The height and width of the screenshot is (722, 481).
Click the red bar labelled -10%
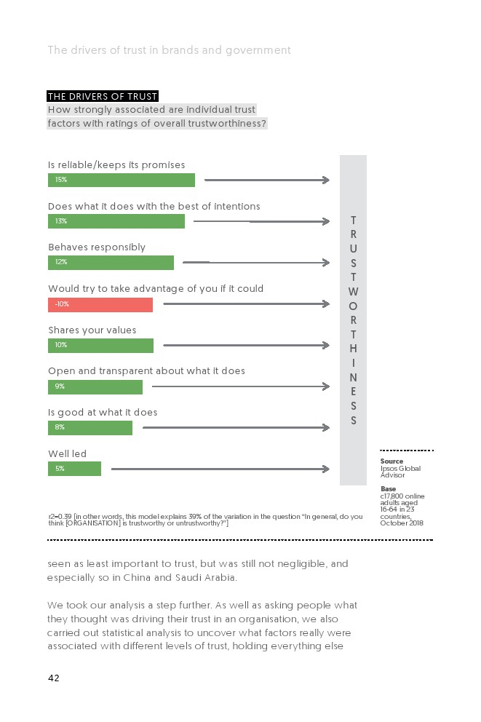[x=100, y=305]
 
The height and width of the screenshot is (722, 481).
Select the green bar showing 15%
[x=122, y=180]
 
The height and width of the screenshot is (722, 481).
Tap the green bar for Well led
[x=74, y=469]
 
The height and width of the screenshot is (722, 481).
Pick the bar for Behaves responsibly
[x=111, y=263]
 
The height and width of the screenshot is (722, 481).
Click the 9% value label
[x=60, y=386]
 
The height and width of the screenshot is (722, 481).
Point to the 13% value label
[x=61, y=221]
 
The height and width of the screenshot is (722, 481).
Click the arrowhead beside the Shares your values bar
[x=326, y=345]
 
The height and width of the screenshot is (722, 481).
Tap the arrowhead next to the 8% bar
[x=326, y=428]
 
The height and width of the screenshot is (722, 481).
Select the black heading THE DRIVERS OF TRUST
[x=103, y=96]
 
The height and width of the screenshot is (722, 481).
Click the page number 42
[x=54, y=678]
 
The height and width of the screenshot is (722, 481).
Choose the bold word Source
[x=391, y=461]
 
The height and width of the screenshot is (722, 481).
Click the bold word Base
[x=388, y=488]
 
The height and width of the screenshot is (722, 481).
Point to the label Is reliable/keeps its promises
[x=116, y=164]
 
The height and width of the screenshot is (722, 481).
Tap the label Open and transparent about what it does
[x=146, y=370]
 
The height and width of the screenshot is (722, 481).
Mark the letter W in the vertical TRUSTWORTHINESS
[x=353, y=291]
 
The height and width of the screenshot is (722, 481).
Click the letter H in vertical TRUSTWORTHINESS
[x=353, y=349]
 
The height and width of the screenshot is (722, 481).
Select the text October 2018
[x=402, y=523]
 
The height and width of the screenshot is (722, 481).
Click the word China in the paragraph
[x=137, y=577]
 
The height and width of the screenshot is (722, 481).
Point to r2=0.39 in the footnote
[x=60, y=517]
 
